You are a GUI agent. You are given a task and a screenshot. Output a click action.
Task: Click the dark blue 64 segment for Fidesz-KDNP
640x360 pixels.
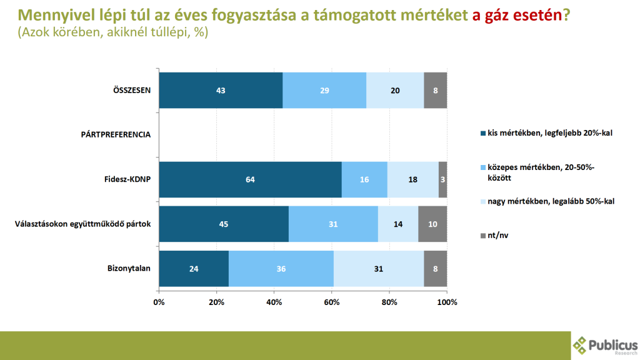click(250, 179)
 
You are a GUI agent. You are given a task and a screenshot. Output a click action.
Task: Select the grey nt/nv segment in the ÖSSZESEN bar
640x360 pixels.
click(436, 90)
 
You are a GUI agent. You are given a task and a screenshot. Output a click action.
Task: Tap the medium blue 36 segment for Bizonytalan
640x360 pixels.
click(281, 269)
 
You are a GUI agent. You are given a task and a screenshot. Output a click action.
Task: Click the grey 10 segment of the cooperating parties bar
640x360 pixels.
click(432, 224)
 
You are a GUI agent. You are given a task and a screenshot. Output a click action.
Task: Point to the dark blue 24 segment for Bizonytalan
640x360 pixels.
click(194, 269)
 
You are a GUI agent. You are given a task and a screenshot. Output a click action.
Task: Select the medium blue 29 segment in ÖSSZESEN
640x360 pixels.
click(324, 90)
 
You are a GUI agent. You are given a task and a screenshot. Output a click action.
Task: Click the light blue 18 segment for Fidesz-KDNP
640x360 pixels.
click(412, 179)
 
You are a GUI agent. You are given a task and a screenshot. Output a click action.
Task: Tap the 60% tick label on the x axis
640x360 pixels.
click(332, 302)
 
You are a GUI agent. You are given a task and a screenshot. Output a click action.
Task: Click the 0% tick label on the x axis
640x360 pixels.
click(159, 302)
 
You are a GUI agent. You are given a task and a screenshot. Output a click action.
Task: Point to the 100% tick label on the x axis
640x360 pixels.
click(447, 302)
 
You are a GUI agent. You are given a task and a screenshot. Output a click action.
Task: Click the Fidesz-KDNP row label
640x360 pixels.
click(129, 179)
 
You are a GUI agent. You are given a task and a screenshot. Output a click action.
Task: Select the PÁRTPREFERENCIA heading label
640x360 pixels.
click(116, 134)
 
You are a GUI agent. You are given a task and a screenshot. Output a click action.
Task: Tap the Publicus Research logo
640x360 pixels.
click(604, 346)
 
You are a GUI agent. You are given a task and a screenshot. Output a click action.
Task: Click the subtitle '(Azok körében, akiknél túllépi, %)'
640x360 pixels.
click(112, 32)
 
